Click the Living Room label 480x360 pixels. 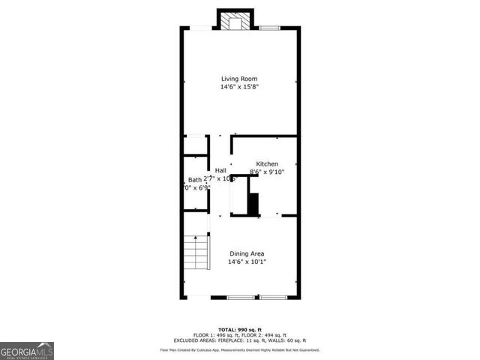click(240, 79)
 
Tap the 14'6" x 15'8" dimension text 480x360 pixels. click(240, 87)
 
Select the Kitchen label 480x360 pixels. click(267, 163)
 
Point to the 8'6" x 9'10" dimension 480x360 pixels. click(267, 172)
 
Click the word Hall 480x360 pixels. click(221, 170)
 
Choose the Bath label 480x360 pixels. click(195, 179)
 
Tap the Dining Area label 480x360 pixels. click(247, 253)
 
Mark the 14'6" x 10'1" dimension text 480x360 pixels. click(247, 262)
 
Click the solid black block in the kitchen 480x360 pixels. click(253, 203)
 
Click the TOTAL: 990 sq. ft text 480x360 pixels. click(240, 329)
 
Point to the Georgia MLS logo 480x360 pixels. click(27, 350)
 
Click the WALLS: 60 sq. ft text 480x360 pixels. click(293, 340)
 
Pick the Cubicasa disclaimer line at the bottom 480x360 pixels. click(240, 349)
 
